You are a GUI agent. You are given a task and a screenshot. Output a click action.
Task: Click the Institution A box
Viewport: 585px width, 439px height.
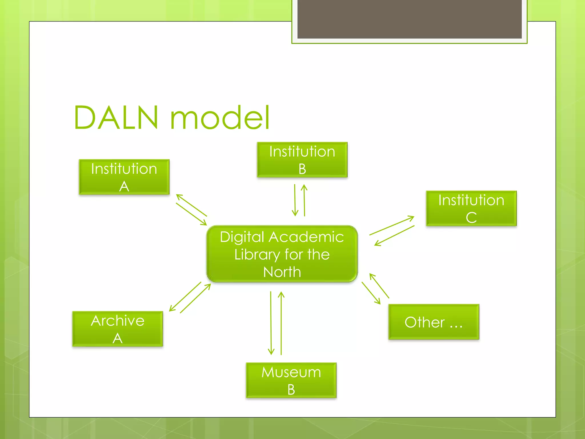pos(124,177)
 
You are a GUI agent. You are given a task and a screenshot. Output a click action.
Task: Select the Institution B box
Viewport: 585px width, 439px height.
pos(302,159)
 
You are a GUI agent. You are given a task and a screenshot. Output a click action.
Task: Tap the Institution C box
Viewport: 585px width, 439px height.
pos(471,208)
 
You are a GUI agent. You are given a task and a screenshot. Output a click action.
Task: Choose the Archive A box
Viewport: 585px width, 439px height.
pos(117,329)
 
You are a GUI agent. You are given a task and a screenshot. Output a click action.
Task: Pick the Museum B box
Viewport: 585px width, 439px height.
pos(291,380)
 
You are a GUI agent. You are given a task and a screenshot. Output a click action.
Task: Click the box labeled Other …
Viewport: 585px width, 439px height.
pos(434,322)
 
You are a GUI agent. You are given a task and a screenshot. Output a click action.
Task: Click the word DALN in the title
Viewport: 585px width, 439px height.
pos(116,117)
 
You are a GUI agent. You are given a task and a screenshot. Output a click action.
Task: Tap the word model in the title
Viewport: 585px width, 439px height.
pos(220,117)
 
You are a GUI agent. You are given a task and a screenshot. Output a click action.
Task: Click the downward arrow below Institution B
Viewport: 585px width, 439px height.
pos(295,200)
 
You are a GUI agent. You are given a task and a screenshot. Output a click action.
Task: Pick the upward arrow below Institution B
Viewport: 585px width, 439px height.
pos(304,200)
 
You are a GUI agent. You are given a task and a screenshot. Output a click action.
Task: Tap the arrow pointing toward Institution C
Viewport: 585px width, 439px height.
pos(392,226)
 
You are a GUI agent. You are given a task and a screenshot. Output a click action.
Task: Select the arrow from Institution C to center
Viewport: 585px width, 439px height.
pos(394,236)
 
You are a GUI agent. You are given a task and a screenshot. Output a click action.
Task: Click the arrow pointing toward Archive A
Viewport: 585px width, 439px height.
pos(185,296)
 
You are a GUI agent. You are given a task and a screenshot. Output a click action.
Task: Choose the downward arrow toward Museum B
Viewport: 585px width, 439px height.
pos(271,323)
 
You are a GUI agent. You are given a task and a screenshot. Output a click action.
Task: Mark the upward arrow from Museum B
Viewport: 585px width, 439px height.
pos(281,323)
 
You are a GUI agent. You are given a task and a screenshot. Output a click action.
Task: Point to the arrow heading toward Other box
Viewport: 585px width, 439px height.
pos(371,293)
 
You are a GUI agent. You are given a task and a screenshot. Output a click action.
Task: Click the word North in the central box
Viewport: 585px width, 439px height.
pos(282,272)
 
